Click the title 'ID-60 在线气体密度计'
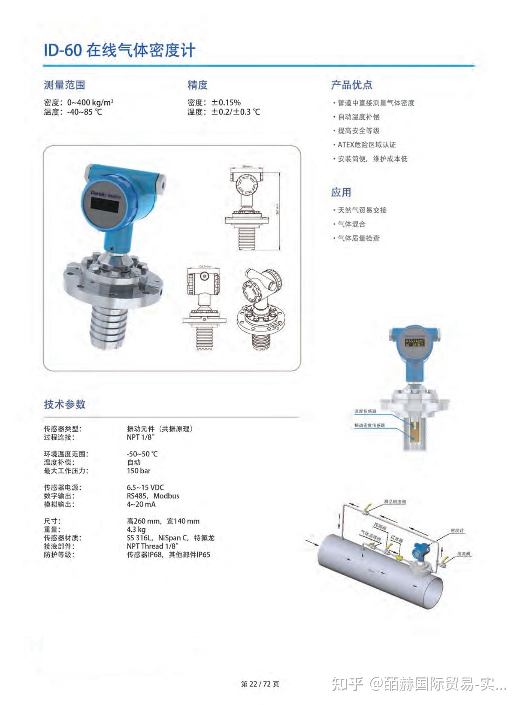pyautogui.click(x=119, y=50)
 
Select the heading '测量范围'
pyautogui.click(x=64, y=85)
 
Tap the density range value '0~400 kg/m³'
pyautogui.click(x=90, y=102)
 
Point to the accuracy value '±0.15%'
pyautogui.click(x=226, y=102)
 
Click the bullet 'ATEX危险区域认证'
pyautogui.click(x=367, y=145)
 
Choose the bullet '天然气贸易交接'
pyautogui.click(x=362, y=210)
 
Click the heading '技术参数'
pyautogui.click(x=64, y=404)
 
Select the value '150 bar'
pyautogui.click(x=139, y=471)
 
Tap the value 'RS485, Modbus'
pyautogui.click(x=153, y=496)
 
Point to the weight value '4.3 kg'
pyautogui.click(x=136, y=529)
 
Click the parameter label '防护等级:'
pyautogui.click(x=59, y=554)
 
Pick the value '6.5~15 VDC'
pyautogui.click(x=145, y=487)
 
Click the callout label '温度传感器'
pyautogui.click(x=365, y=411)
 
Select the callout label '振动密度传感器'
pyautogui.click(x=369, y=425)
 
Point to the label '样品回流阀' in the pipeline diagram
pyautogui.click(x=395, y=502)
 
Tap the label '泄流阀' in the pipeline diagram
pyautogui.click(x=464, y=554)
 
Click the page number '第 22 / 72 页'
pyautogui.click(x=260, y=684)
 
